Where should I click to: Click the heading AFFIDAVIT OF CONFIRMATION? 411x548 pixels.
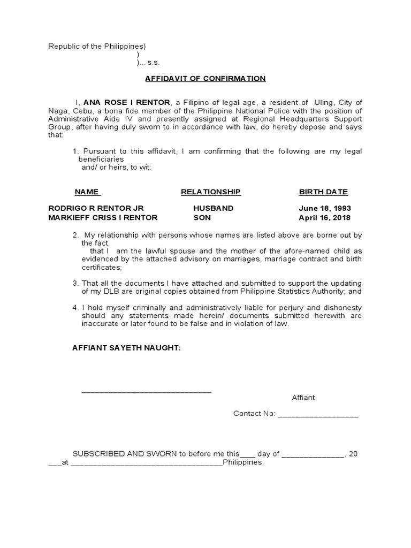(x=205, y=78)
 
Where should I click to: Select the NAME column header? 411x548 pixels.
(x=87, y=192)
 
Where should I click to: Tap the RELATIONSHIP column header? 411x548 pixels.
(x=211, y=192)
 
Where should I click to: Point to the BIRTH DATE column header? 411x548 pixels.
(x=323, y=192)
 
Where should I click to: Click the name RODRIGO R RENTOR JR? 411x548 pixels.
(x=96, y=208)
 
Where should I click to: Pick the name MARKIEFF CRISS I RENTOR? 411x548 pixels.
(x=103, y=217)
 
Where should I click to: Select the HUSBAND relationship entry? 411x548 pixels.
(x=214, y=208)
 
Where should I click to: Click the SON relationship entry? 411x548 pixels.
(x=202, y=217)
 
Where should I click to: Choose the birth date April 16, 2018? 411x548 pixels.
(x=325, y=217)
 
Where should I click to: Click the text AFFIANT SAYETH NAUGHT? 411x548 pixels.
(x=126, y=348)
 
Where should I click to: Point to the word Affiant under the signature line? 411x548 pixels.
(x=303, y=398)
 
